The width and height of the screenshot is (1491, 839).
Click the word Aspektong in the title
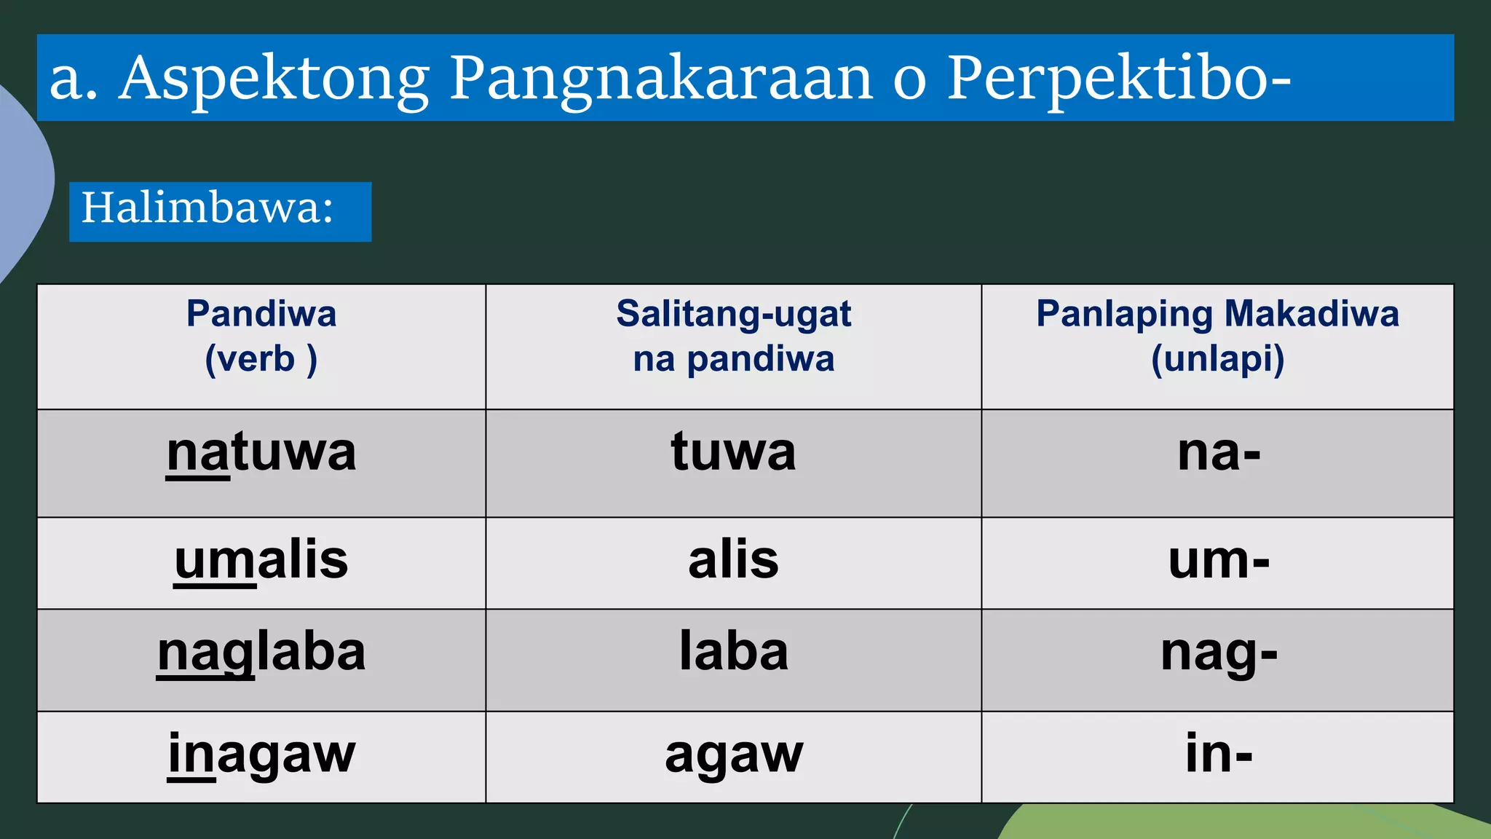[274, 79]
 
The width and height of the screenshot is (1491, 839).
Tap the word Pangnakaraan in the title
[660, 79]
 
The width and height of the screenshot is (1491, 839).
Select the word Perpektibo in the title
[1110, 79]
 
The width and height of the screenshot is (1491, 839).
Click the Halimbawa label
[207, 208]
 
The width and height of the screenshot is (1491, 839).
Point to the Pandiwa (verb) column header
[261, 336]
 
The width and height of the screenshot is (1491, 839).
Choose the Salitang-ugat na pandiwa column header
[733, 336]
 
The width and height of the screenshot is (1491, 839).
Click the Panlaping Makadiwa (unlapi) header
[1217, 336]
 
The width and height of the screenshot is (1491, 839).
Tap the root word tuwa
[733, 452]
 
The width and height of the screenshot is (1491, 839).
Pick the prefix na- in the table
[1218, 453]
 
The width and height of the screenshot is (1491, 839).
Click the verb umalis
[261, 560]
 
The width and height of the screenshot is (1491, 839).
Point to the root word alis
[733, 560]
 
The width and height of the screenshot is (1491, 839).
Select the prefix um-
[1218, 560]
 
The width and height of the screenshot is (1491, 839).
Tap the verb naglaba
[261, 653]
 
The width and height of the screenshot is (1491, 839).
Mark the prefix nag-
[1218, 653]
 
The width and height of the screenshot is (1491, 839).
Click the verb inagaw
[261, 755]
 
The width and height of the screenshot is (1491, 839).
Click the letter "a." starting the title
[73, 79]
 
